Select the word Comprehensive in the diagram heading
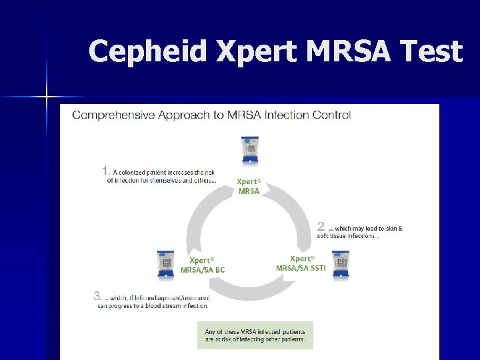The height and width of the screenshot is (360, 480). coord(113,115)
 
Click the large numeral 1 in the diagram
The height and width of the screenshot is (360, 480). coord(106,171)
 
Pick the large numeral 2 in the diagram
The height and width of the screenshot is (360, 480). coord(321,227)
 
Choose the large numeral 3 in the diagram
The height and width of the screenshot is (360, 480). coord(98,297)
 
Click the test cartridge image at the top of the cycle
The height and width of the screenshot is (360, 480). coord(250,150)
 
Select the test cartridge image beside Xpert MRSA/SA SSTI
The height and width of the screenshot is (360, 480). coord(341,264)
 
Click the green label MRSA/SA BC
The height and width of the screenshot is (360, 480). coord(203,270)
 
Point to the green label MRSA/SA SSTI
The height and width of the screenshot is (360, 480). coord(300,268)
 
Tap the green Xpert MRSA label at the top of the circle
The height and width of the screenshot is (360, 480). coord(249,186)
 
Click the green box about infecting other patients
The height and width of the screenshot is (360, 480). coord(255,335)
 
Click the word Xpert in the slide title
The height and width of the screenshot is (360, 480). coord(243,51)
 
